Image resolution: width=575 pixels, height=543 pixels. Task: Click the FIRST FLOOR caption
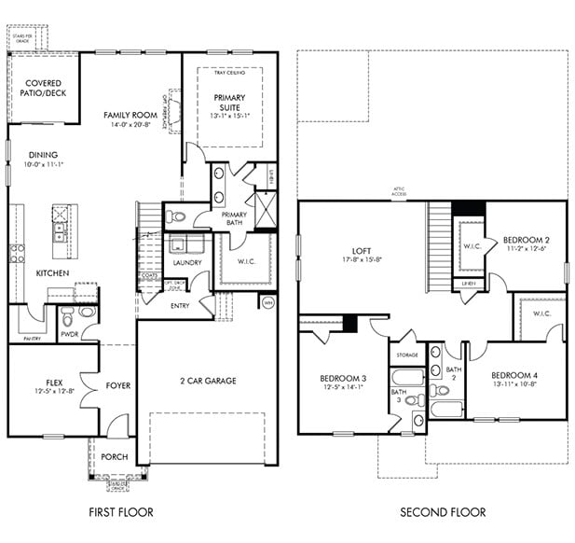120,511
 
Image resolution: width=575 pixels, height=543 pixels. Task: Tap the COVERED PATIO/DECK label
44,89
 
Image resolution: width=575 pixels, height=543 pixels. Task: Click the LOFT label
362,250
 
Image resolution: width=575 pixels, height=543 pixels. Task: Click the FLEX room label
54,383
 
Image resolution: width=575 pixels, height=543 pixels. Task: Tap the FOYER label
117,385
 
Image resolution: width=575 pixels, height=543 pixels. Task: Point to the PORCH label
115,456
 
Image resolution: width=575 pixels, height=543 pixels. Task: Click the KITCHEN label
51,273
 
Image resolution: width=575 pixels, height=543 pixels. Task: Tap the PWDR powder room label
69,332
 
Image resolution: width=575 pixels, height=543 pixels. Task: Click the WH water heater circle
267,301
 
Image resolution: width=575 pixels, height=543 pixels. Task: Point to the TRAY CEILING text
229,72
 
